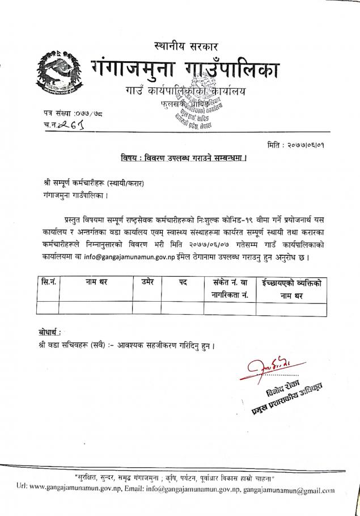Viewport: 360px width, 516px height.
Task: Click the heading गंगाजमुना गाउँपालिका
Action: tap(186, 70)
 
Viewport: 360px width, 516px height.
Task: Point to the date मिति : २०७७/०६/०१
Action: tap(299, 145)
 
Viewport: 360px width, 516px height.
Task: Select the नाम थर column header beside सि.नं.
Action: tap(96, 282)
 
